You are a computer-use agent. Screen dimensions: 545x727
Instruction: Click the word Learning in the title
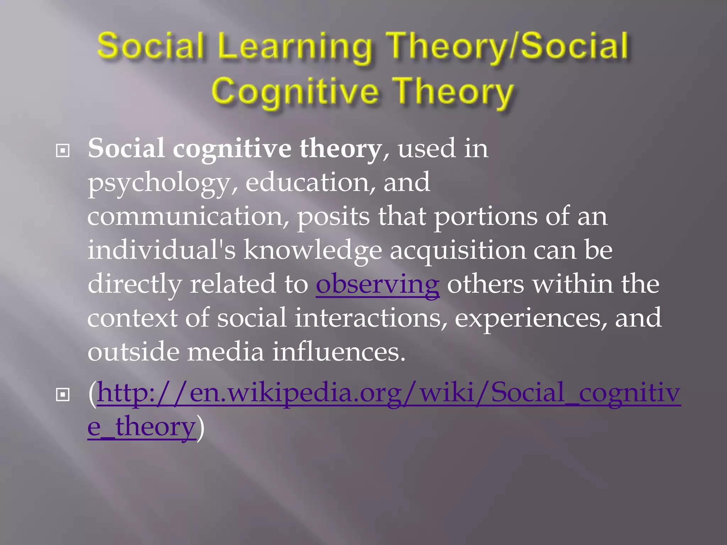click(295, 47)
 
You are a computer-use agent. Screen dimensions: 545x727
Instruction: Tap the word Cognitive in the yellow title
click(295, 92)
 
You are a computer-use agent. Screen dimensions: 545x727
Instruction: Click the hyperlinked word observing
click(377, 284)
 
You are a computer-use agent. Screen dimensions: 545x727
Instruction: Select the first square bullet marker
click(63, 151)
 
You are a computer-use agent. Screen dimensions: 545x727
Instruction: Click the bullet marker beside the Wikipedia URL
click(63, 395)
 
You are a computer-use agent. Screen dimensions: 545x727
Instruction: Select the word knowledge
click(312, 251)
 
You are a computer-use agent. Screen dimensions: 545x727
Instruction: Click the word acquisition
click(458, 251)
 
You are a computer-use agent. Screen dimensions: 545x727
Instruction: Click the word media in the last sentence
click(226, 352)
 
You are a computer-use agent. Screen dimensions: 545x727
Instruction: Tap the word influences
click(339, 352)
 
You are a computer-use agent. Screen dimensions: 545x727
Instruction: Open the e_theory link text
click(142, 426)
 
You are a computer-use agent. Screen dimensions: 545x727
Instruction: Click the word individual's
click(162, 250)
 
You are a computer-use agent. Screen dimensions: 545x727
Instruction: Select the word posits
click(333, 217)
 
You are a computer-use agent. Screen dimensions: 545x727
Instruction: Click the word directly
click(135, 284)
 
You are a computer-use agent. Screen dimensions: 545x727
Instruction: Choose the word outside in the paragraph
click(133, 352)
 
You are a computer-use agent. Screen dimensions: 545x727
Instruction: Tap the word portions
click(486, 217)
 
